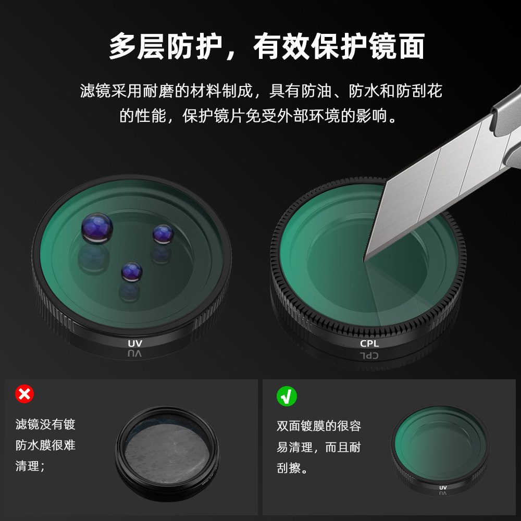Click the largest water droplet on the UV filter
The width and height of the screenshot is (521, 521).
coord(97,228)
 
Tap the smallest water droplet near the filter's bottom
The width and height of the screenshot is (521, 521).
coord(131,271)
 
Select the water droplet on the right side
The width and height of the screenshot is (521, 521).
coord(163,234)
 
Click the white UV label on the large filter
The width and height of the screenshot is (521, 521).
coord(135,343)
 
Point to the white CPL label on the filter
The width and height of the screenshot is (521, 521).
coord(369,343)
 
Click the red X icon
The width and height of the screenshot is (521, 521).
coord(24,394)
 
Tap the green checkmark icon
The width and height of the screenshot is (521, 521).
coord(287,396)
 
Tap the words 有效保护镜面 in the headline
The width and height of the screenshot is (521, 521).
coord(339,47)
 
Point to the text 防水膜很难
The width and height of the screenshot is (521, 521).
coord(46,445)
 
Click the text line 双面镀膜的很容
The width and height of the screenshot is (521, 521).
coord(319,426)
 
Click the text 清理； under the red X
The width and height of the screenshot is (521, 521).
coord(31,466)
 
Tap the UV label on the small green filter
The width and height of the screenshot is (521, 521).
coord(443,488)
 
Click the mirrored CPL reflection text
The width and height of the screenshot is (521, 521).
coord(369,356)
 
